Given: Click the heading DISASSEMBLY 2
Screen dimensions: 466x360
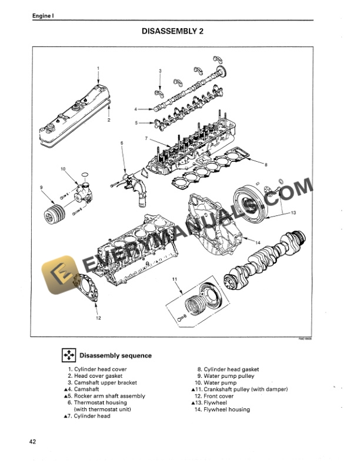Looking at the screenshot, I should coord(180,31).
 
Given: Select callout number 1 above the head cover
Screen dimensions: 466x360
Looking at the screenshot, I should coord(98,68).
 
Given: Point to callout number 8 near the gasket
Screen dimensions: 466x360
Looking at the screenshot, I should coord(266,165).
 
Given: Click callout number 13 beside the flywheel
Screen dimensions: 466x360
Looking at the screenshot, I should coord(293,211).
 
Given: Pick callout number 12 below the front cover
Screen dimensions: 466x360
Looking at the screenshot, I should coord(98,318).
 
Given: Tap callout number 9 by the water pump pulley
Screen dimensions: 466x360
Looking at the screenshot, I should coord(41,188).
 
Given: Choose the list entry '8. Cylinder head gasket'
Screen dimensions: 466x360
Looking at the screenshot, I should coord(228,370).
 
